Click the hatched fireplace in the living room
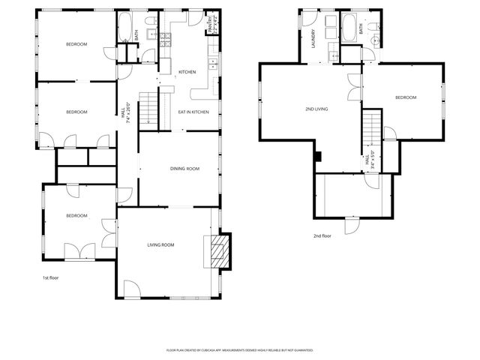click(x=217, y=252)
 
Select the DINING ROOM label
click(x=182, y=169)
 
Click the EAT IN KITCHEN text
click(x=193, y=112)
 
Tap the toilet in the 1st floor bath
click(x=151, y=21)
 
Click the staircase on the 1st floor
click(x=152, y=108)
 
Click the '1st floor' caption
click(x=50, y=277)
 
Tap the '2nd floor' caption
click(x=322, y=235)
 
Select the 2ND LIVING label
click(x=317, y=109)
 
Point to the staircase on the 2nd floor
click(x=373, y=127)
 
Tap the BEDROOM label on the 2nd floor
click(x=405, y=97)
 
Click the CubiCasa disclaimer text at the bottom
click(x=239, y=349)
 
